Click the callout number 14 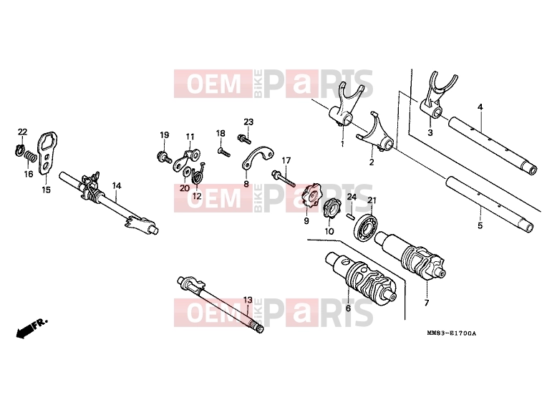pyautogui.click(x=117, y=186)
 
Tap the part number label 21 pyautogui.click(x=372, y=200)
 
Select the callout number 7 pyautogui.click(x=426, y=303)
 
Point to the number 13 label pyautogui.click(x=247, y=300)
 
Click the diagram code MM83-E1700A pyautogui.click(x=451, y=333)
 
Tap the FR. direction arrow pyautogui.click(x=32, y=328)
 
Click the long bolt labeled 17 pyautogui.click(x=284, y=177)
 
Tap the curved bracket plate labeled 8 pyautogui.click(x=258, y=157)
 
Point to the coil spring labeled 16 pyautogui.click(x=31, y=157)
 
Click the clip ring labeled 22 pyautogui.click(x=19, y=150)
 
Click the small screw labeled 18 pyautogui.click(x=223, y=151)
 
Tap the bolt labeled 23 pyautogui.click(x=244, y=138)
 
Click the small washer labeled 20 pyautogui.click(x=186, y=172)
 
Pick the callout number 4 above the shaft pyautogui.click(x=480, y=107)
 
